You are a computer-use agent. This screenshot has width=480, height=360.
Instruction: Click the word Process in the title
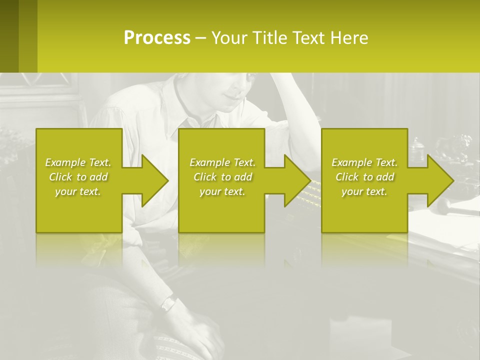[157, 38]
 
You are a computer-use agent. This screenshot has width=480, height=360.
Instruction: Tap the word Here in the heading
[349, 38]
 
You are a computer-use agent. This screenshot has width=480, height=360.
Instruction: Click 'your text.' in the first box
[78, 191]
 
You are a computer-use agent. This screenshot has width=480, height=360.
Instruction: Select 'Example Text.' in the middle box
[222, 162]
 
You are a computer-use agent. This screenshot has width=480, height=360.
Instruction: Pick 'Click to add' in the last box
[365, 177]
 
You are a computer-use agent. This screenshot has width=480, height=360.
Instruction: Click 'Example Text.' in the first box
[78, 162]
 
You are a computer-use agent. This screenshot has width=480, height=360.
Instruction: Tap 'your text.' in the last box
[364, 191]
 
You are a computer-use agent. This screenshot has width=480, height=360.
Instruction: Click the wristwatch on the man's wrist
[168, 302]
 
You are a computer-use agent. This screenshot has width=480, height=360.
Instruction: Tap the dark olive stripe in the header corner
[9, 36]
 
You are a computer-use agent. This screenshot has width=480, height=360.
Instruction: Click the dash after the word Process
[201, 38]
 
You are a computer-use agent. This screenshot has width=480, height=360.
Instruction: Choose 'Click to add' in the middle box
[222, 177]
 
